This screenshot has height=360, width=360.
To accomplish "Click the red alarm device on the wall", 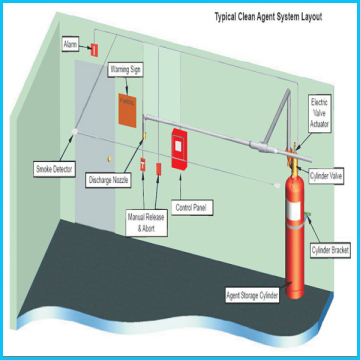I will click(x=93, y=49).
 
